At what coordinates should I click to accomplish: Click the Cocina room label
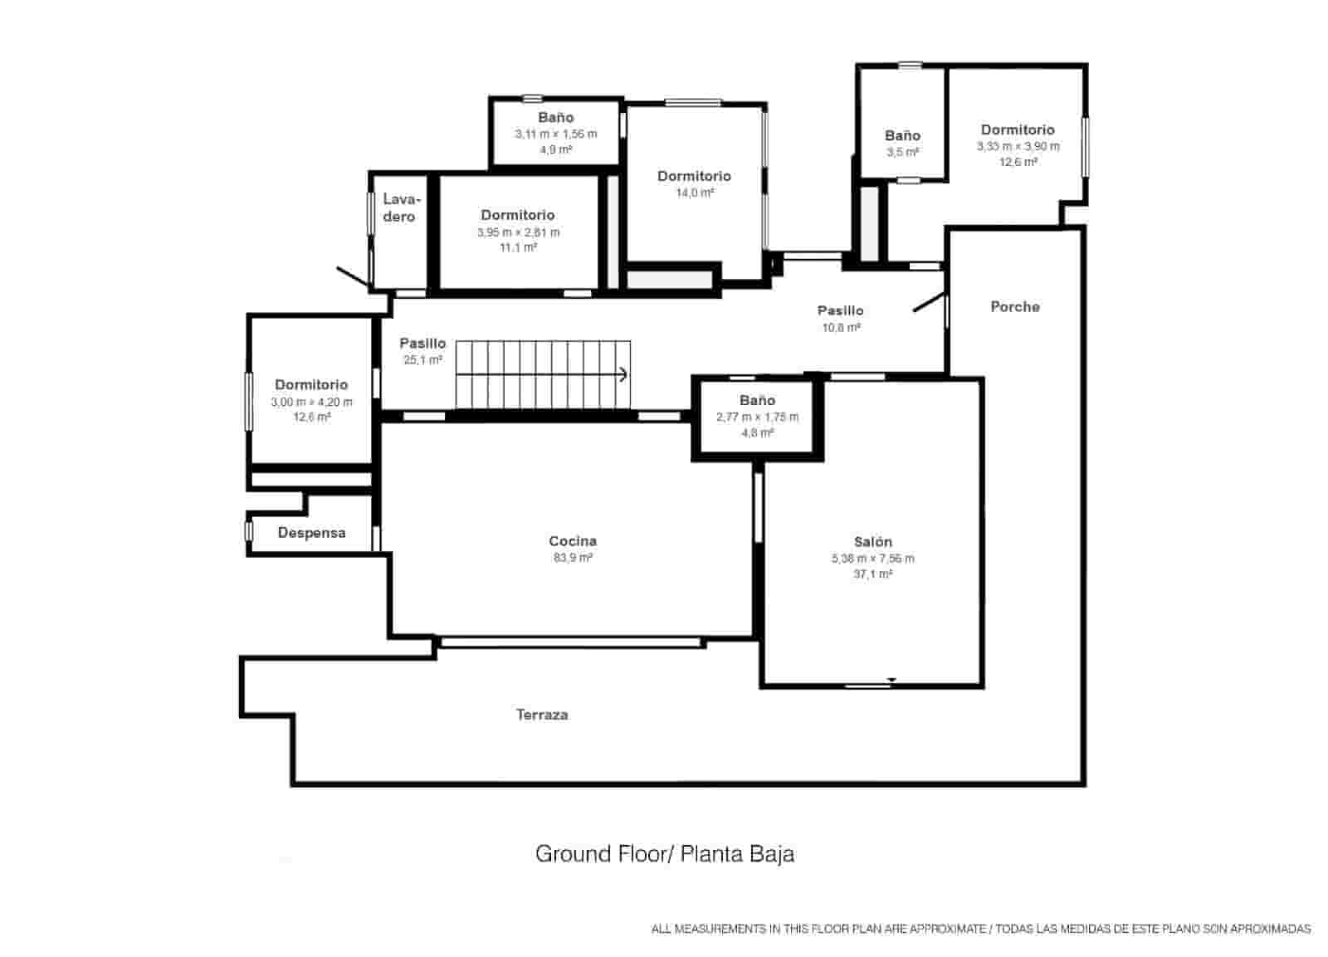(573, 541)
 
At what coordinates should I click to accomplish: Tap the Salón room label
(872, 541)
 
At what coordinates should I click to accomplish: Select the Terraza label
(542, 715)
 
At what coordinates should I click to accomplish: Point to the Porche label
(1015, 306)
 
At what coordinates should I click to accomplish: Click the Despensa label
(312, 533)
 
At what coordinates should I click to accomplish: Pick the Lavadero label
(401, 208)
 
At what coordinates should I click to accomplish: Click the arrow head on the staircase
(623, 374)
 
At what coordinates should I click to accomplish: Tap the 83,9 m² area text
(573, 558)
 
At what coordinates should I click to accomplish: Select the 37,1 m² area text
(872, 574)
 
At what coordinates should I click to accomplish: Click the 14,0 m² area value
(695, 193)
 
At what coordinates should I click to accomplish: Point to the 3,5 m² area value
(902, 152)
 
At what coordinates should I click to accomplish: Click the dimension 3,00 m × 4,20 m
(312, 402)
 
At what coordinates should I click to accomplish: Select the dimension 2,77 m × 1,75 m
(757, 417)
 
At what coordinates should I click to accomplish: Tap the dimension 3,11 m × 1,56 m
(556, 134)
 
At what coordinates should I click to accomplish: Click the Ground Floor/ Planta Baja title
(665, 854)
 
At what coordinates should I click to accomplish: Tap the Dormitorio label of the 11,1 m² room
(518, 215)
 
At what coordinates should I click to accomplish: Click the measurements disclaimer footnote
(981, 929)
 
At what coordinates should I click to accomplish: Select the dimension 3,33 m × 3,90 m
(1018, 146)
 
